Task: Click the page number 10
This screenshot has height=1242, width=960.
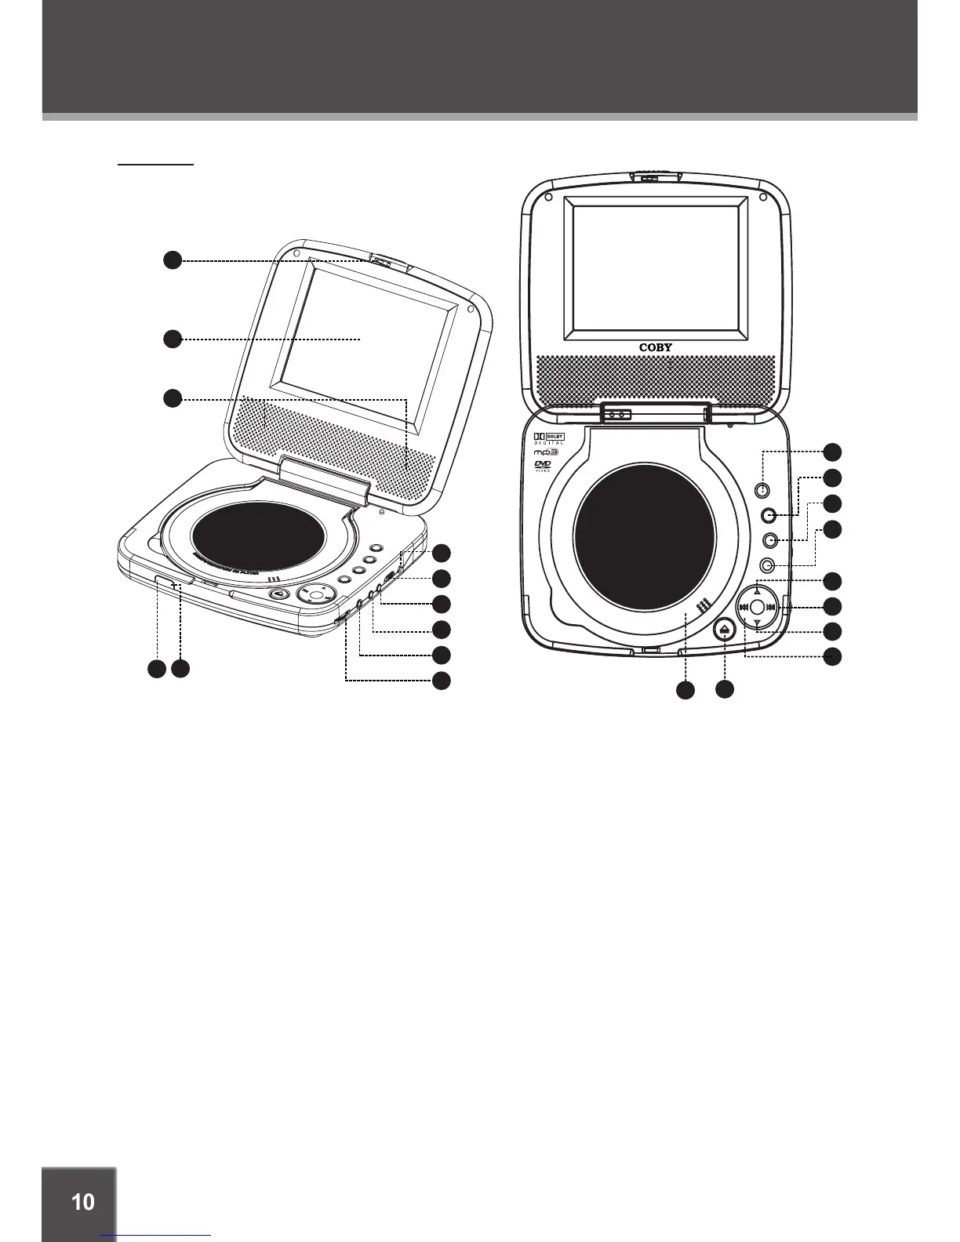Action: point(82,1201)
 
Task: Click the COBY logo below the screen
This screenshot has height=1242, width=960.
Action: point(656,347)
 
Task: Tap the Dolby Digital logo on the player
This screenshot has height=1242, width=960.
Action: point(549,439)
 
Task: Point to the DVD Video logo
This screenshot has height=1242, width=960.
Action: point(543,467)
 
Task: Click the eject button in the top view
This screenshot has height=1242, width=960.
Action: point(725,629)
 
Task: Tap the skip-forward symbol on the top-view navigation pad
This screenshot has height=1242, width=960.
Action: point(771,607)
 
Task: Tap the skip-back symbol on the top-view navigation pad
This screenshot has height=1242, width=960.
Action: point(743,607)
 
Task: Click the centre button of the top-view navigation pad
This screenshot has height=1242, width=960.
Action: point(757,607)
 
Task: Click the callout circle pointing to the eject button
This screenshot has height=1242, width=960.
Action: point(725,690)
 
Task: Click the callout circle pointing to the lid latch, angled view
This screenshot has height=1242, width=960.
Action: point(173,260)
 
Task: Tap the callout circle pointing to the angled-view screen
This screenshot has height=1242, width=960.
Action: point(173,339)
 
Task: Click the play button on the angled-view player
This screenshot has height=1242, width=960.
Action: point(278,594)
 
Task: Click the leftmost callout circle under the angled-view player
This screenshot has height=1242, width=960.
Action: point(157,669)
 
